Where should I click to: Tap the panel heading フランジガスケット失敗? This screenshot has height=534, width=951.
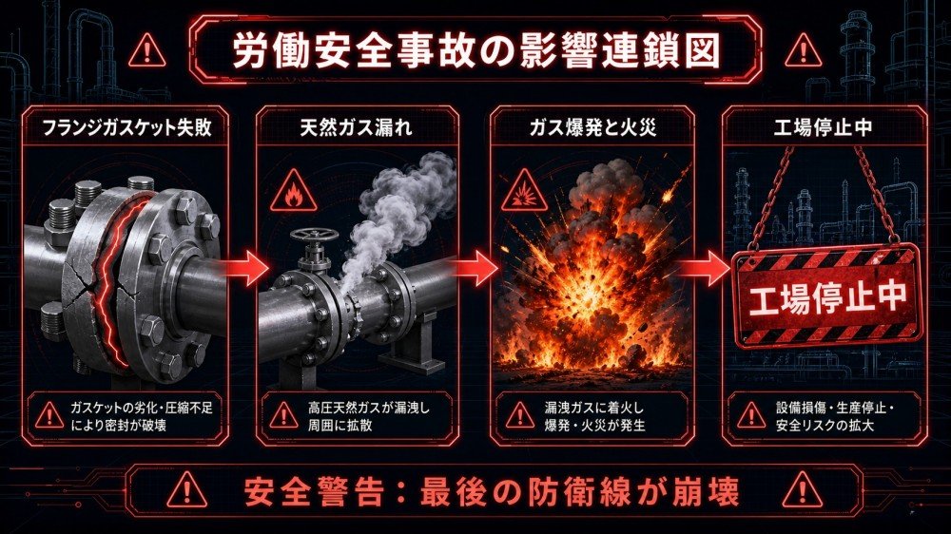point(126,127)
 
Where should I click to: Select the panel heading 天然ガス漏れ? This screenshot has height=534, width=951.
point(357,127)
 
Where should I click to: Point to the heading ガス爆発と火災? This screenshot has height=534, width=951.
point(592,127)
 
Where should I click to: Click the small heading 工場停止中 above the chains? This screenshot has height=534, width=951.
point(823,127)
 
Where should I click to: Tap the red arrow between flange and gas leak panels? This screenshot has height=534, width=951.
point(245,267)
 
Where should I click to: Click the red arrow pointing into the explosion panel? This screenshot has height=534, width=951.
point(476,267)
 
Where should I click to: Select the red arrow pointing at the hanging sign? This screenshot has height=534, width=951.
point(705,268)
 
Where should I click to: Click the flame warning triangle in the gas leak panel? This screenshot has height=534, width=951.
point(294,192)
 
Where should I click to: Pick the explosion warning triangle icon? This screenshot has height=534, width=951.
point(524,192)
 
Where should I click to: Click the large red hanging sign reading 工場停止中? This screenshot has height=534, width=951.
point(826,296)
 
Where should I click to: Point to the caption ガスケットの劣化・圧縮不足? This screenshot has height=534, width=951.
point(142,408)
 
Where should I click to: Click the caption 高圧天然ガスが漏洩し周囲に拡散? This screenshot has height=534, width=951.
point(369,416)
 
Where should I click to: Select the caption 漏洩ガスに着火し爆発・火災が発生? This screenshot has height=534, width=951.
point(595,416)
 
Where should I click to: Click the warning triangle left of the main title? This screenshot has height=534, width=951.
point(146,51)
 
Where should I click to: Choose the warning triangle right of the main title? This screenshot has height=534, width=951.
point(803,51)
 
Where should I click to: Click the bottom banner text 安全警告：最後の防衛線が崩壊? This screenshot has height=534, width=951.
point(492,491)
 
